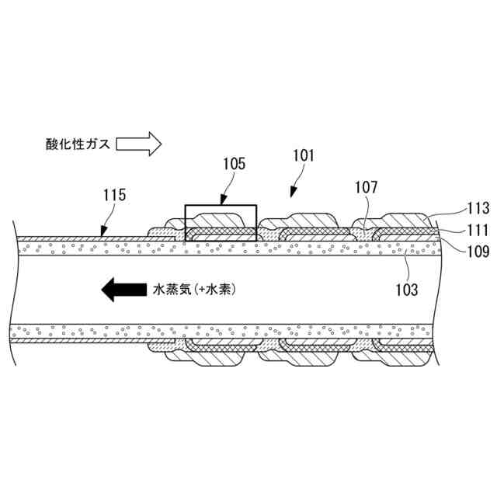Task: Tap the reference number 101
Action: tap(303, 155)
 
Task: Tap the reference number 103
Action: tap(406, 290)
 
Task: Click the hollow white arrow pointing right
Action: tap(139, 143)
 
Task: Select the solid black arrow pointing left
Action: tap(121, 290)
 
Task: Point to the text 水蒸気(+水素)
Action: tap(191, 290)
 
